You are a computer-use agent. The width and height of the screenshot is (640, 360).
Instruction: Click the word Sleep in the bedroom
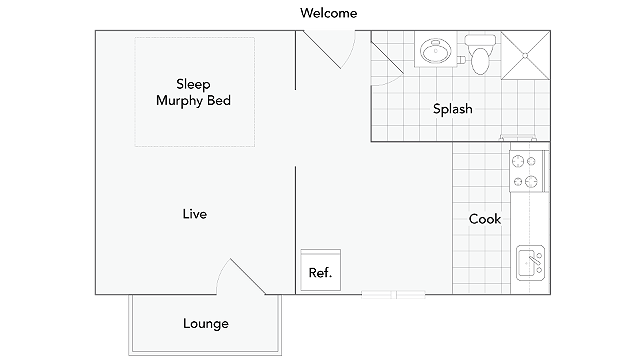coord(195,83)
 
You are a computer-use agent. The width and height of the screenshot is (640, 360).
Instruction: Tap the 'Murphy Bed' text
coord(195,102)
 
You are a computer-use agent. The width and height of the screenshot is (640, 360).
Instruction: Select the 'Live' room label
coord(195,214)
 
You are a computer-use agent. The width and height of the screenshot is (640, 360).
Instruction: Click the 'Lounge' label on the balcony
coord(205,323)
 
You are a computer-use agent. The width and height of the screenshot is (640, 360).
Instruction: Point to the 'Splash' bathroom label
coord(452,109)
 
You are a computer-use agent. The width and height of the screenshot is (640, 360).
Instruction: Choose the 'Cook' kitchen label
coord(485,219)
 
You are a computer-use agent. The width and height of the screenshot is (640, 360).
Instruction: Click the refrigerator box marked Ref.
coord(320,271)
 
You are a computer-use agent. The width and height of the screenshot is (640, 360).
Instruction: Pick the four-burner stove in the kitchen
coord(525,170)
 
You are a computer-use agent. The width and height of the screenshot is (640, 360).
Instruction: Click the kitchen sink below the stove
coord(528,265)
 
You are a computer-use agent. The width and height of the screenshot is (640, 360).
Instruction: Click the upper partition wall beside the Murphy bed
coord(296,60)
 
